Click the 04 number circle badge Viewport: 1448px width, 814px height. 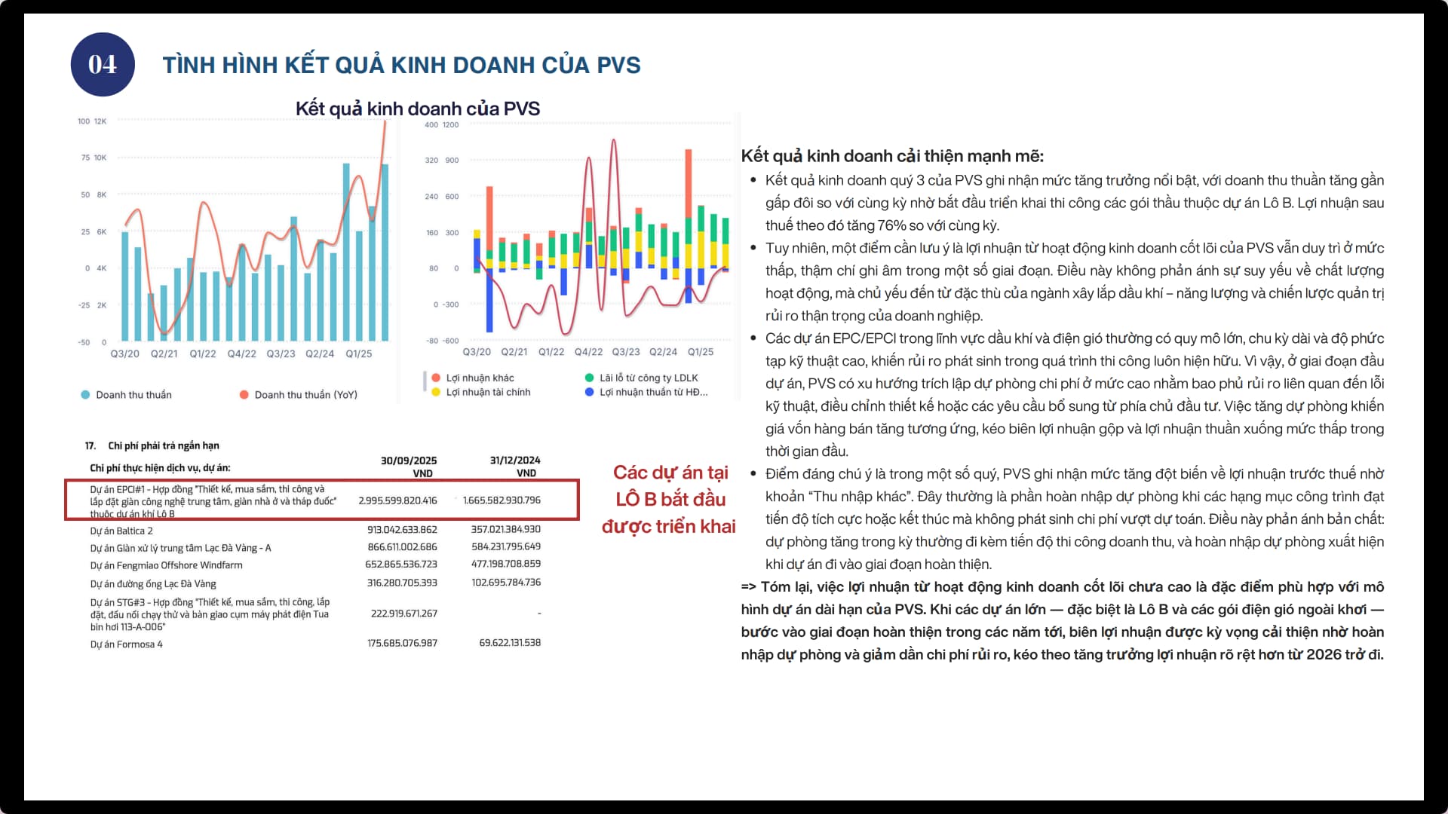[103, 65]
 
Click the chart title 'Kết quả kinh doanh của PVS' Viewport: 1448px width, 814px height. [417, 109]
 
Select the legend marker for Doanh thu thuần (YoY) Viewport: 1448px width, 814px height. [244, 395]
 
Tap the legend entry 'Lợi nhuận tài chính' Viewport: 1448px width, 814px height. [487, 392]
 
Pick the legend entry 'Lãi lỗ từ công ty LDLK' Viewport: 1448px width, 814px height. [648, 378]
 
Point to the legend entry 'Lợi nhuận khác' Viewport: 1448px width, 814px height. [479, 378]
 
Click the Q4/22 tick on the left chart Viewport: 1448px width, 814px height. [241, 353]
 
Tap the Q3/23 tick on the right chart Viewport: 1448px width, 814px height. [625, 352]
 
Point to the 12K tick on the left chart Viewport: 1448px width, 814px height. [100, 121]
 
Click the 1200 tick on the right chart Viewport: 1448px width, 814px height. [450, 125]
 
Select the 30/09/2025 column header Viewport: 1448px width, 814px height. [409, 461]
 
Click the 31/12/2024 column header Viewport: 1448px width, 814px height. [515, 461]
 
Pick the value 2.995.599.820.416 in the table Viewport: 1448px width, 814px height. [397, 500]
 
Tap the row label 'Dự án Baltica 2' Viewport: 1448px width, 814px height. [121, 531]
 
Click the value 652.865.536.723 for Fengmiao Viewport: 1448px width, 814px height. [401, 565]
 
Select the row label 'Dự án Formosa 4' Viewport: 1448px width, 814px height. [126, 644]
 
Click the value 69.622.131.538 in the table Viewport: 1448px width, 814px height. [510, 643]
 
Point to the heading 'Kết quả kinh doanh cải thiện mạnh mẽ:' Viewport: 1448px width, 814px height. [892, 156]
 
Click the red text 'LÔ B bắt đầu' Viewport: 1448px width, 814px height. [670, 499]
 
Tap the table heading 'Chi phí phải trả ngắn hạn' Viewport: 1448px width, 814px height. [163, 445]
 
